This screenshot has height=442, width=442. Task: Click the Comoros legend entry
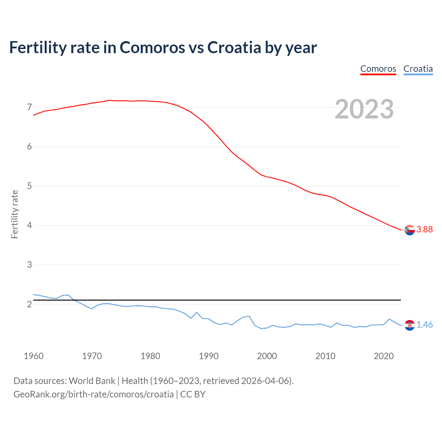(x=378, y=69)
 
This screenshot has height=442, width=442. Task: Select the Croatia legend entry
(x=418, y=69)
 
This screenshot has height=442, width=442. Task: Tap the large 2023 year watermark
(x=364, y=109)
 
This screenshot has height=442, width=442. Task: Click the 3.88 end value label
(x=424, y=230)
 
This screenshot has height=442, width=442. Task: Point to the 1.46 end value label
(x=424, y=325)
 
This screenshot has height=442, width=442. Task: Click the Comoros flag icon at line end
(x=410, y=230)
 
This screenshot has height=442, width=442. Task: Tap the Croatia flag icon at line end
(x=410, y=325)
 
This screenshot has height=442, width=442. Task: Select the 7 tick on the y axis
(x=29, y=107)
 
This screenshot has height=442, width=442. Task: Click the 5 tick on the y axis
(x=29, y=186)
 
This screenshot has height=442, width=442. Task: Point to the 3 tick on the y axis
(x=29, y=265)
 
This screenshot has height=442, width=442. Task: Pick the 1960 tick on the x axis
(x=33, y=356)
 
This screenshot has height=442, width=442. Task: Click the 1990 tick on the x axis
(x=209, y=356)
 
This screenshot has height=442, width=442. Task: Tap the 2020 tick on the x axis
(x=384, y=356)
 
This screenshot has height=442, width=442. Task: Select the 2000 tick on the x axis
(x=267, y=356)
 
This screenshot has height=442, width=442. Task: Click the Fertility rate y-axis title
(x=15, y=214)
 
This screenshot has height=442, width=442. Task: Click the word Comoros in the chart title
(x=152, y=48)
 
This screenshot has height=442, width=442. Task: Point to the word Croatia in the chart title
(x=234, y=48)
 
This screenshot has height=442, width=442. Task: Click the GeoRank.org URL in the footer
(x=94, y=394)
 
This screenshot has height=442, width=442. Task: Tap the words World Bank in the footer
(x=92, y=381)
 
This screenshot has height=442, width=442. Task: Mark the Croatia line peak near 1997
(x=249, y=316)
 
